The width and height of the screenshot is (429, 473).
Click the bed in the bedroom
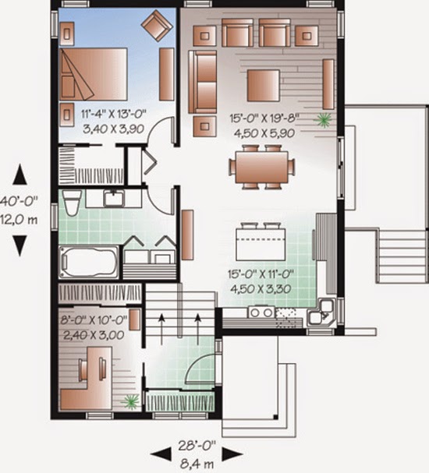[x=94, y=72]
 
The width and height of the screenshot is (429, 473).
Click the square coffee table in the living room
[x=264, y=83]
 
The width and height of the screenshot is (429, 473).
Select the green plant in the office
[x=130, y=401]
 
